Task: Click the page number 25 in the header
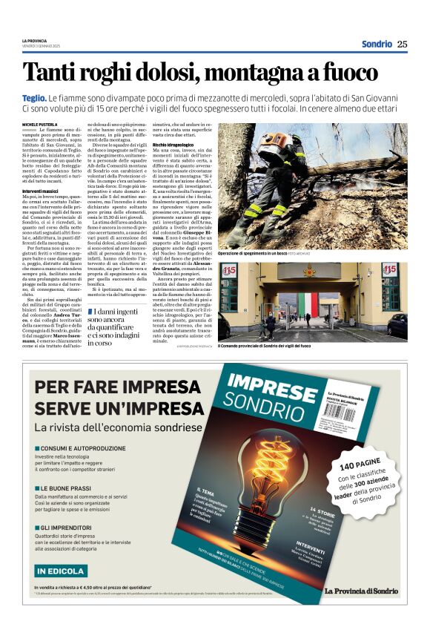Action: point(403,44)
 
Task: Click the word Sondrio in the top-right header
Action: point(377,44)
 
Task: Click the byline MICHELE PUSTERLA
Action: point(40,125)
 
